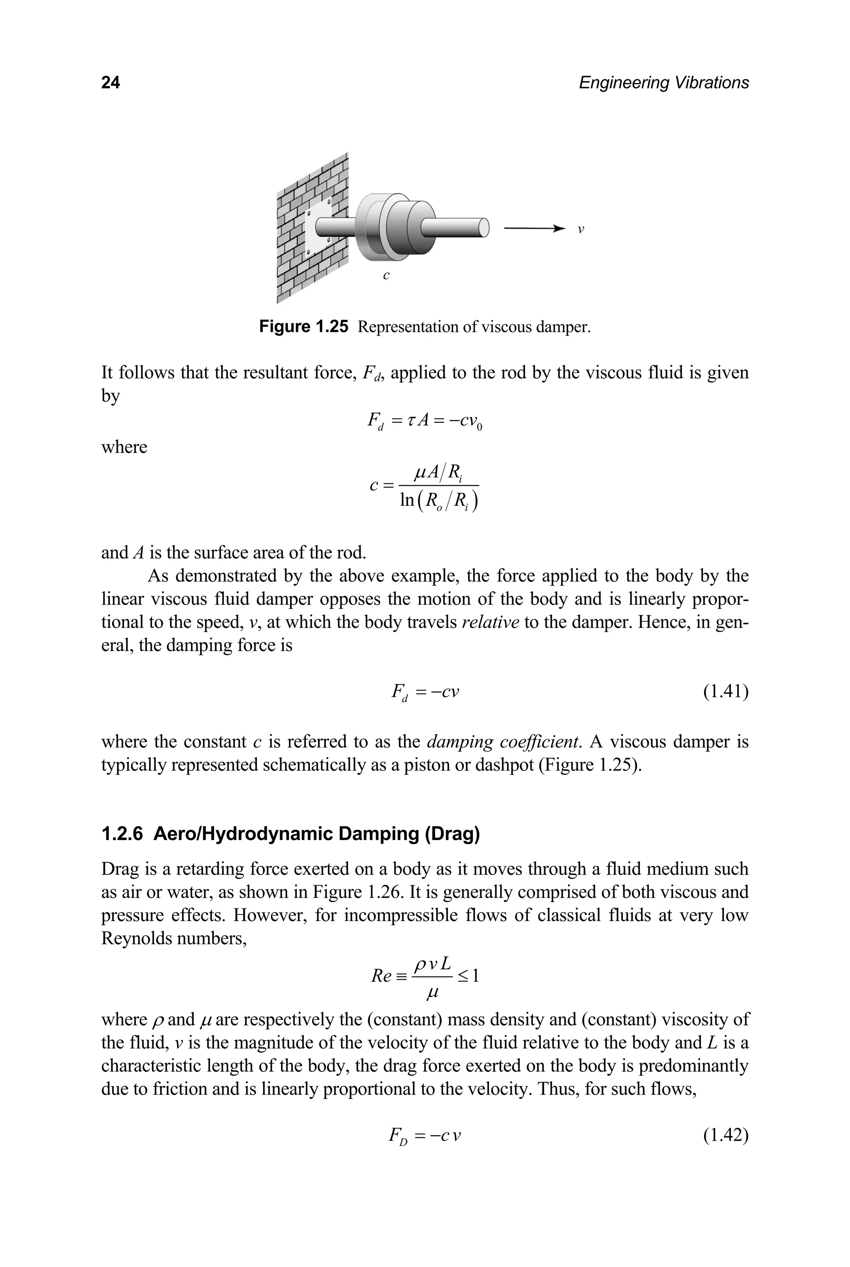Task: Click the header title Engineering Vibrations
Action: pyautogui.click(x=664, y=83)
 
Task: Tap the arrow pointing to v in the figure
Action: pyautogui.click(x=535, y=229)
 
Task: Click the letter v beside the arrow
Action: pyautogui.click(x=581, y=229)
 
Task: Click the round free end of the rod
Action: pyautogui.click(x=482, y=227)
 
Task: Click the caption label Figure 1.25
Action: pyautogui.click(x=303, y=327)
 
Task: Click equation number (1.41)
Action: pyautogui.click(x=725, y=692)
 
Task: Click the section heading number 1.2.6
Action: pyautogui.click(x=122, y=833)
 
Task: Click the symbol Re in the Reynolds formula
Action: pyautogui.click(x=381, y=976)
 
